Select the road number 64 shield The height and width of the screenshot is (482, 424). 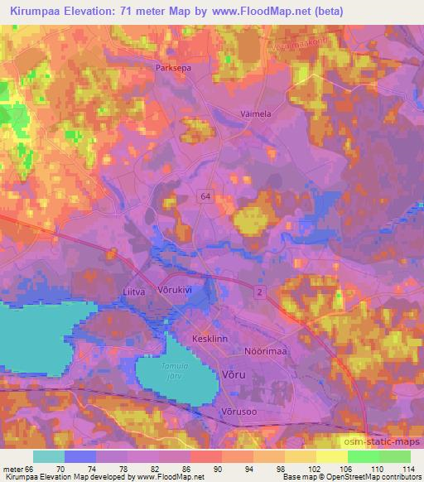pyautogui.click(x=205, y=195)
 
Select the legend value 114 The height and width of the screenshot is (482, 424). pyautogui.click(x=408, y=469)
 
